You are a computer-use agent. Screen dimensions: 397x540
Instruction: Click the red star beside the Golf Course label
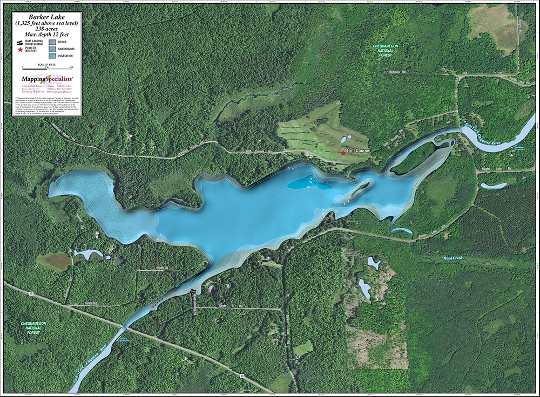tap(343, 153)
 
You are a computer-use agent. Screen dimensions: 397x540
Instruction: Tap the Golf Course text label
tap(358, 150)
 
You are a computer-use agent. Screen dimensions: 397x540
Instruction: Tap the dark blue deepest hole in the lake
tap(308, 183)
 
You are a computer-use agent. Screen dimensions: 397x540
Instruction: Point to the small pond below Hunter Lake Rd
tap(493, 186)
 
